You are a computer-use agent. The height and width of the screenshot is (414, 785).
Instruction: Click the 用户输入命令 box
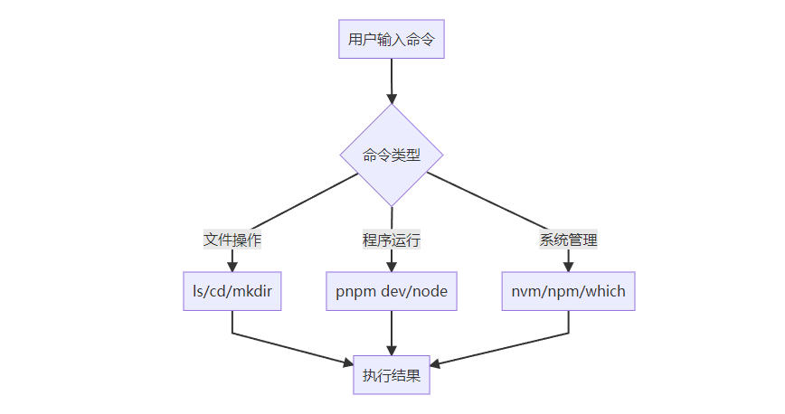(x=392, y=40)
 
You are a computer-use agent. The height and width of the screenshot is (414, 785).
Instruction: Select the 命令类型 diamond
(x=392, y=155)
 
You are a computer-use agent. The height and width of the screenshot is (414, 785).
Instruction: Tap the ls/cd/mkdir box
(x=232, y=292)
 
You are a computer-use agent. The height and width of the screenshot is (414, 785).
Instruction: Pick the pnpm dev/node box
(x=392, y=292)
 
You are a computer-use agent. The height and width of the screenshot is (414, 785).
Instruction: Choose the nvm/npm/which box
(x=569, y=292)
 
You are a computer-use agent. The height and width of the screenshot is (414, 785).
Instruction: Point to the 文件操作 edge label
(x=232, y=240)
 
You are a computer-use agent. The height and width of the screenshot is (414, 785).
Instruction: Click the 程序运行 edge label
(x=392, y=240)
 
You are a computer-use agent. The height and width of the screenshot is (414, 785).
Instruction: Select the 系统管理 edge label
(x=569, y=240)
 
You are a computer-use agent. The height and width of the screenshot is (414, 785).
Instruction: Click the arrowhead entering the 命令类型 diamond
(x=392, y=98)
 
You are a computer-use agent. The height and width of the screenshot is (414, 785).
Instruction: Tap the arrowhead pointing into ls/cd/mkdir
(x=232, y=267)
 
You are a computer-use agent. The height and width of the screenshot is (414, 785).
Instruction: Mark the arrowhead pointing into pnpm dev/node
(x=392, y=267)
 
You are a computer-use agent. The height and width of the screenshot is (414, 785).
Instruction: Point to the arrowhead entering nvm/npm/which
(x=569, y=267)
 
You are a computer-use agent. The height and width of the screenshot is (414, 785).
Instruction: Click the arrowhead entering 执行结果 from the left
(x=346, y=362)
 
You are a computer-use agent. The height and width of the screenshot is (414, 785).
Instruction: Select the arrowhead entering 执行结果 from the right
(x=436, y=364)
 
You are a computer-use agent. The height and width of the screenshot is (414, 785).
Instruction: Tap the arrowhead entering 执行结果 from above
(x=392, y=352)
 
